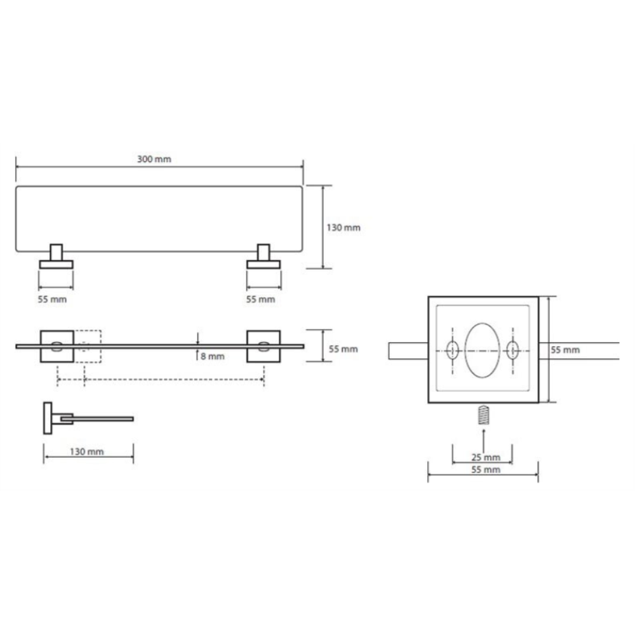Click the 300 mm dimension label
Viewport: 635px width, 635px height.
point(154,159)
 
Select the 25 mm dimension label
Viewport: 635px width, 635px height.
point(486,458)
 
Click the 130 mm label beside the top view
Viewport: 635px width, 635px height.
point(344,227)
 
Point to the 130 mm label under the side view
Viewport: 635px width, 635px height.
point(86,451)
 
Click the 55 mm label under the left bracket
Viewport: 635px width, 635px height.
point(52,300)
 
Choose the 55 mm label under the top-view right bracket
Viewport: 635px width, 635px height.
point(260,300)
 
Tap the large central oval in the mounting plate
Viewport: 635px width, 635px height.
point(483,351)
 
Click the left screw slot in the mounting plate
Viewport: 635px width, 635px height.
point(452,350)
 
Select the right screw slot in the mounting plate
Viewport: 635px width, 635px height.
point(512,350)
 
